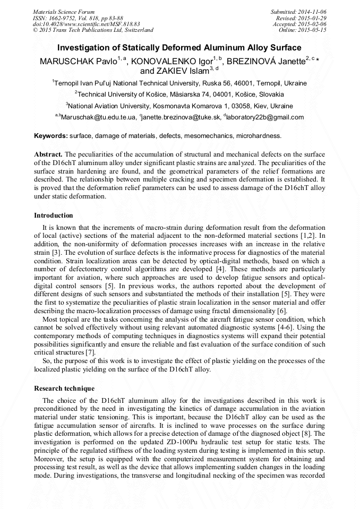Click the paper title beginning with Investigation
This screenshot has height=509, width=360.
pos(179,48)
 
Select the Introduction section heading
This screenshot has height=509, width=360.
pos(54,215)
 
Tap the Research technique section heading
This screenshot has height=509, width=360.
pos(64,389)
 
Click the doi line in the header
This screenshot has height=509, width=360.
pos(87,24)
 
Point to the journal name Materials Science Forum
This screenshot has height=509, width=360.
pos(64,12)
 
